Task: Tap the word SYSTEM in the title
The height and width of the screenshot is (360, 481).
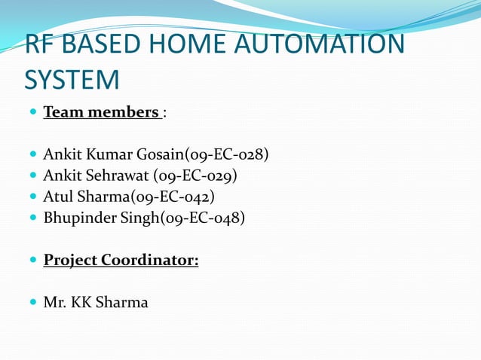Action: point(72,79)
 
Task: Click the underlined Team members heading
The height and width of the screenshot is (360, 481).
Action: point(101,112)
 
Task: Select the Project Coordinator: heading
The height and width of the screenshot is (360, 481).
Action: point(121,261)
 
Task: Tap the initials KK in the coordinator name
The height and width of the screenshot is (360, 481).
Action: point(81,303)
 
